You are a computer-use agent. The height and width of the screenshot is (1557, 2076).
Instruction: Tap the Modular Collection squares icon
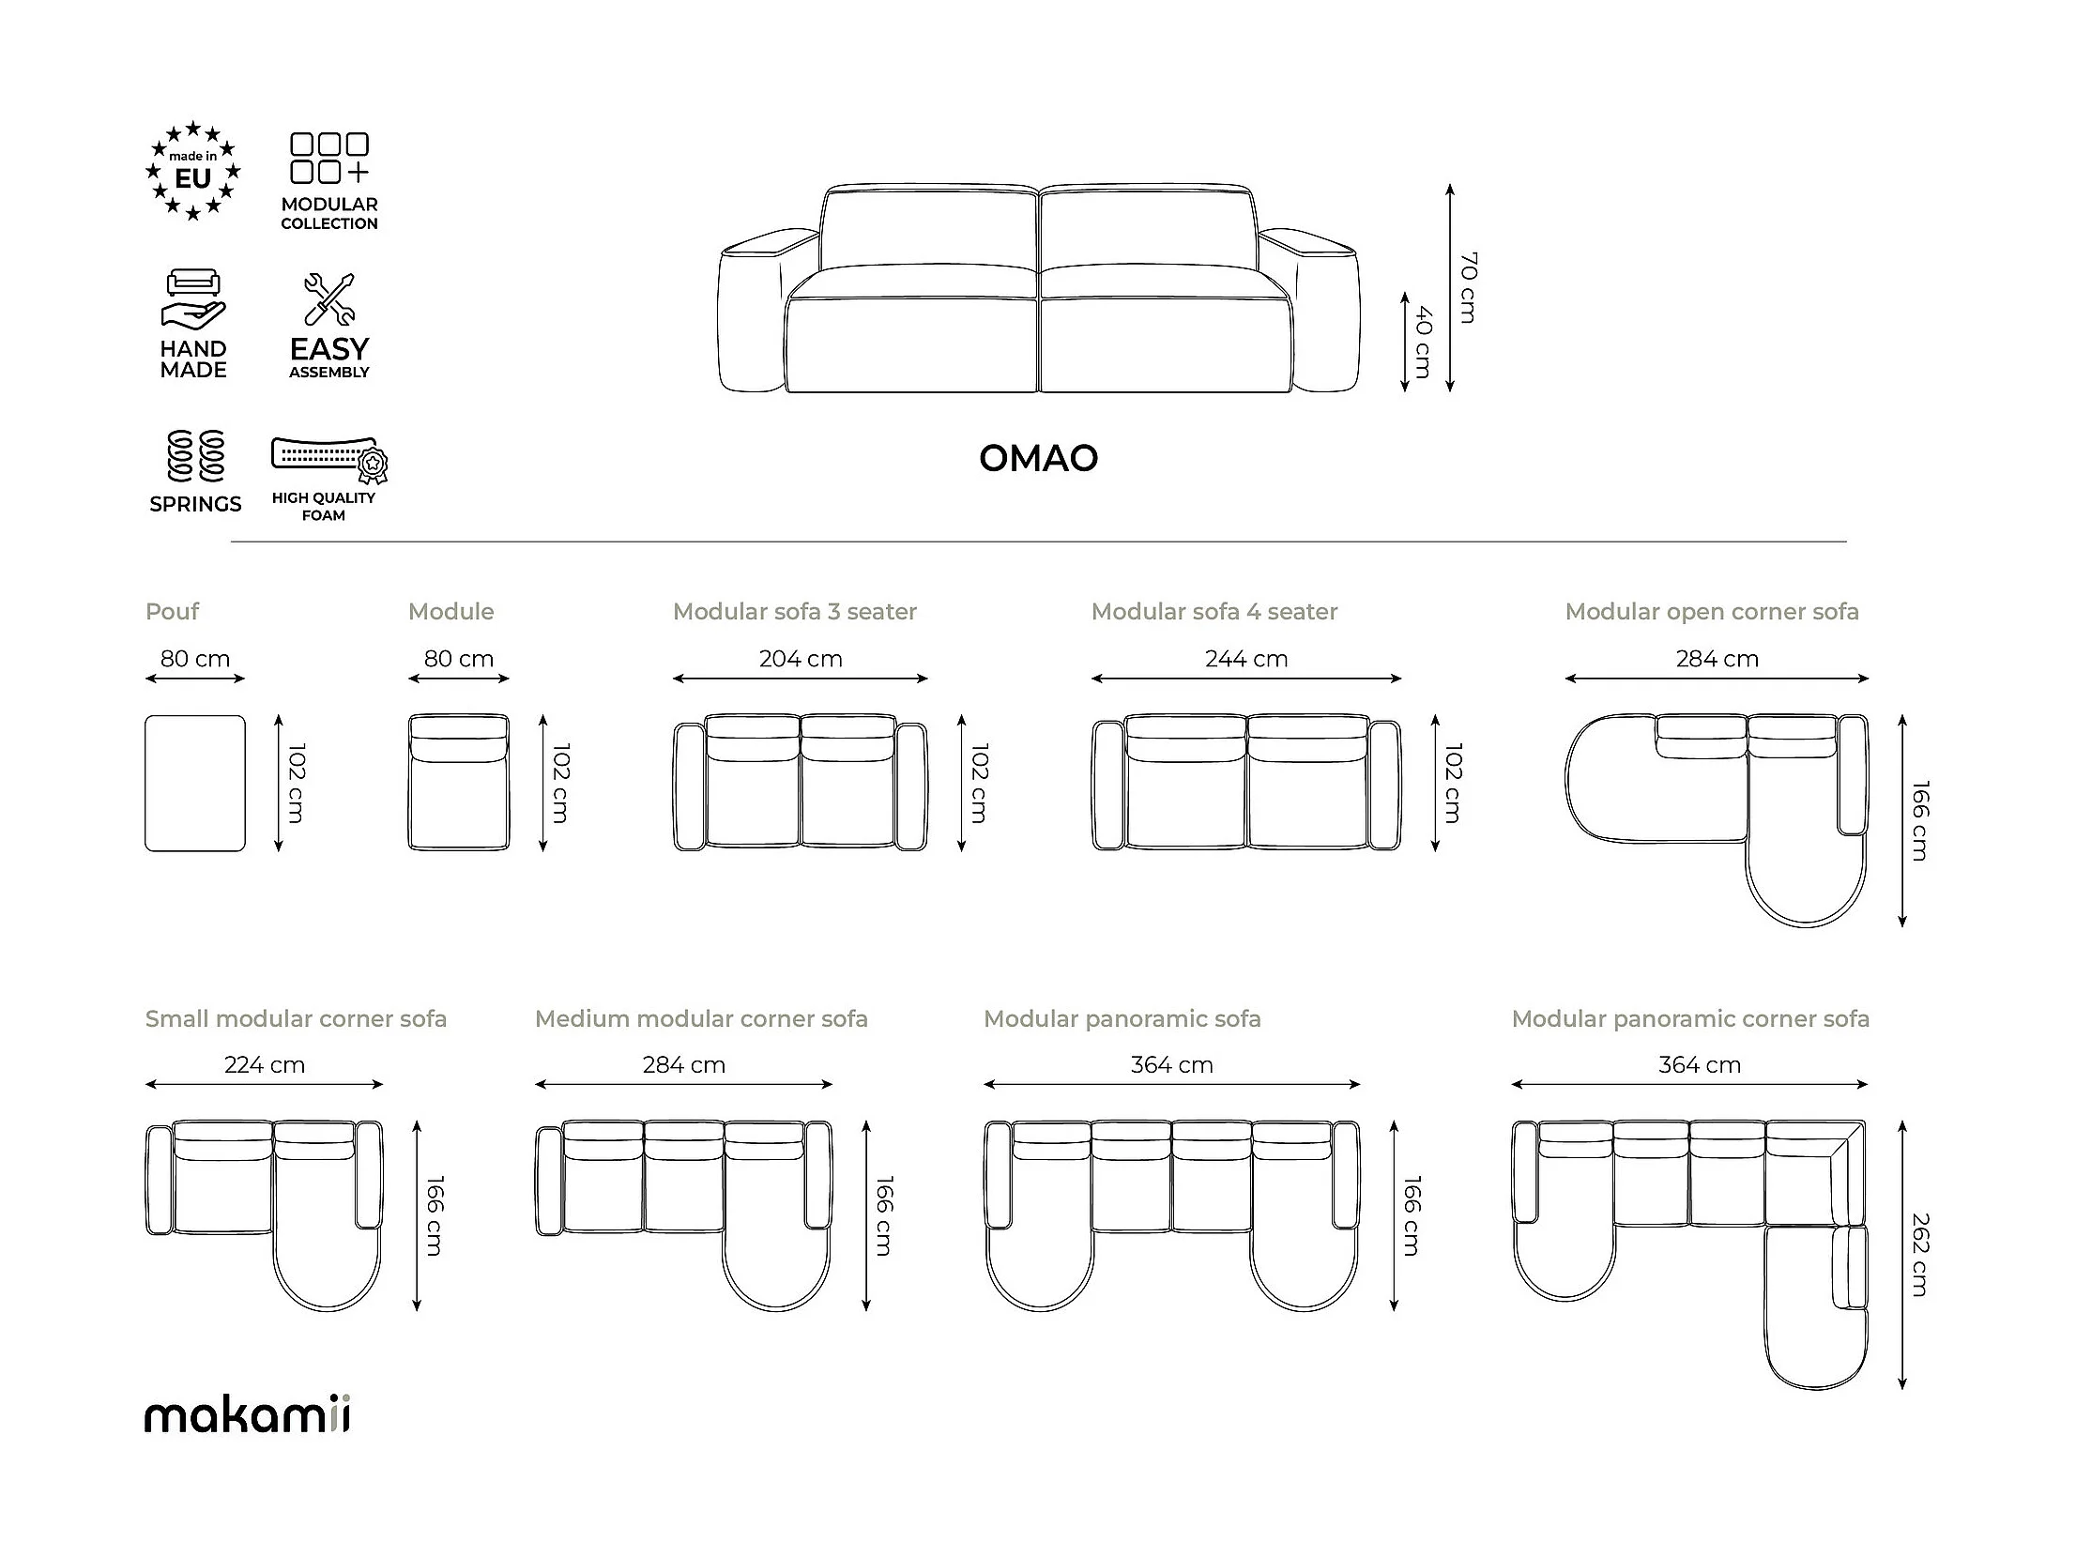329,158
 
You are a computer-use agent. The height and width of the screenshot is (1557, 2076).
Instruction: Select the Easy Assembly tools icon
329,299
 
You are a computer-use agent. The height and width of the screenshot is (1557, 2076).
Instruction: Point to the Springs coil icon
195,456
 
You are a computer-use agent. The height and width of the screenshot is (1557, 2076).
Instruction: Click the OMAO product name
1038,459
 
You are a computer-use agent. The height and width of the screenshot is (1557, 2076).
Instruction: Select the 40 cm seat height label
1424,342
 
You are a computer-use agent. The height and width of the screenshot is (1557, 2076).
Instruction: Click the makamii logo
248,1416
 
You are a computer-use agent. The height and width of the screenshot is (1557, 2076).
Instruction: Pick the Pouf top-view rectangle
195,784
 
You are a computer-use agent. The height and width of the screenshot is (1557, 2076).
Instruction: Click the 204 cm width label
801,659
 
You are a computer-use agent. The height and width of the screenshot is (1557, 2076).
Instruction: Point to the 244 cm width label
1246,659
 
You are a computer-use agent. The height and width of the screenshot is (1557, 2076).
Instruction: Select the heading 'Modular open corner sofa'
1712,612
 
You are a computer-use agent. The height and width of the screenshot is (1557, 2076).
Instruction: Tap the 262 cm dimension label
1920,1255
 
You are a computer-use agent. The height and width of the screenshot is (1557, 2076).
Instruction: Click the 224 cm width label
265,1065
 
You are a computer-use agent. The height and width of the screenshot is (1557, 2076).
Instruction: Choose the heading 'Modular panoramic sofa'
1122,1019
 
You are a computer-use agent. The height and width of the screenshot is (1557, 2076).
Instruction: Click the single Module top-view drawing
459,784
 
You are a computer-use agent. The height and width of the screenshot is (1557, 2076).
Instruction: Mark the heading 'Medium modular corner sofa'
701,1019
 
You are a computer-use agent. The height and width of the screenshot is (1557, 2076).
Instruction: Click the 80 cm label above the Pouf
195,659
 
